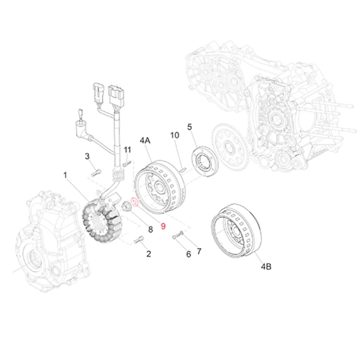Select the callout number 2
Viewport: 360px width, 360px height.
pyautogui.click(x=148, y=254)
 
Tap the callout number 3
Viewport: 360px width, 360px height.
pyautogui.click(x=87, y=157)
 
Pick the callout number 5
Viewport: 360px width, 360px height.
pyautogui.click(x=189, y=127)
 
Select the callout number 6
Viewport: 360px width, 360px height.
pyautogui.click(x=188, y=254)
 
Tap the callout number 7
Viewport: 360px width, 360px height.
pyautogui.click(x=199, y=251)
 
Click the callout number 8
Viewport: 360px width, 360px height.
pyautogui.click(x=151, y=229)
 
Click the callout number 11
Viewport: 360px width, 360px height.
pyautogui.click(x=127, y=149)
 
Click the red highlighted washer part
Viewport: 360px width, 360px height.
pyautogui.click(x=135, y=203)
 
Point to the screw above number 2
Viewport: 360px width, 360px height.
pyautogui.click(x=139, y=240)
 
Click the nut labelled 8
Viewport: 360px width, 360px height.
pyautogui.click(x=127, y=207)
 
